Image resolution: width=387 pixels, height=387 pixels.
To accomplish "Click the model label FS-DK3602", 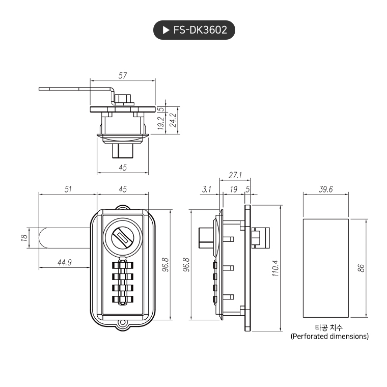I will pos(200,31).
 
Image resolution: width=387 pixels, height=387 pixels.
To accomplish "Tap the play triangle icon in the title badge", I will pos(166,31).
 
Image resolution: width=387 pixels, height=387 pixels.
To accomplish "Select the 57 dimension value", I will pos(122,75).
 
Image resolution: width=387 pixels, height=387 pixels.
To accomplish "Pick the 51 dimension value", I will pos(68,189).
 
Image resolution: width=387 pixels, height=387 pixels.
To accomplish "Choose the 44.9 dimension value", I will pos(64,263).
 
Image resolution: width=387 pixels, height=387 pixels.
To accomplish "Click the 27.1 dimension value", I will pos(235,175).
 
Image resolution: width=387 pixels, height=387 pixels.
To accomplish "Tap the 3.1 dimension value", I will pos(206,189).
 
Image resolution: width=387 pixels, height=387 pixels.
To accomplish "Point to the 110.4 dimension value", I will pos(275,267).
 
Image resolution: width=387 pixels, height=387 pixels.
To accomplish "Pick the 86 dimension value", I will pos(361,268).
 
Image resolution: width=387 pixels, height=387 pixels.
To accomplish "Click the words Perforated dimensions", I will pos(329,337).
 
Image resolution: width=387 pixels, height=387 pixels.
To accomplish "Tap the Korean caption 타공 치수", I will pos(329,327).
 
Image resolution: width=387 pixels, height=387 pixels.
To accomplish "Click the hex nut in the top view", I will pos(122,98).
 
